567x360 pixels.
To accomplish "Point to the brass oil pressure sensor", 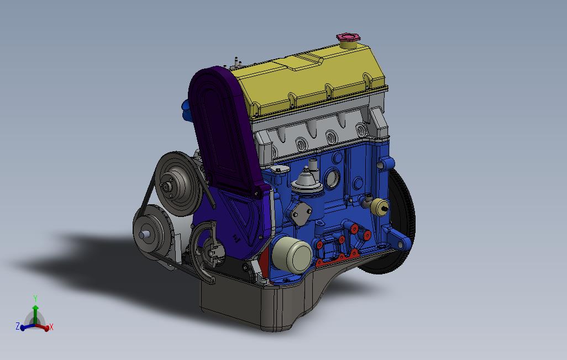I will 379,207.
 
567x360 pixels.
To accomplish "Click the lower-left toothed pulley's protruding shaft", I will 144,234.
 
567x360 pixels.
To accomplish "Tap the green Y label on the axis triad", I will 35,299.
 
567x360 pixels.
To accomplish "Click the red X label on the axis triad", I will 51,327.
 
